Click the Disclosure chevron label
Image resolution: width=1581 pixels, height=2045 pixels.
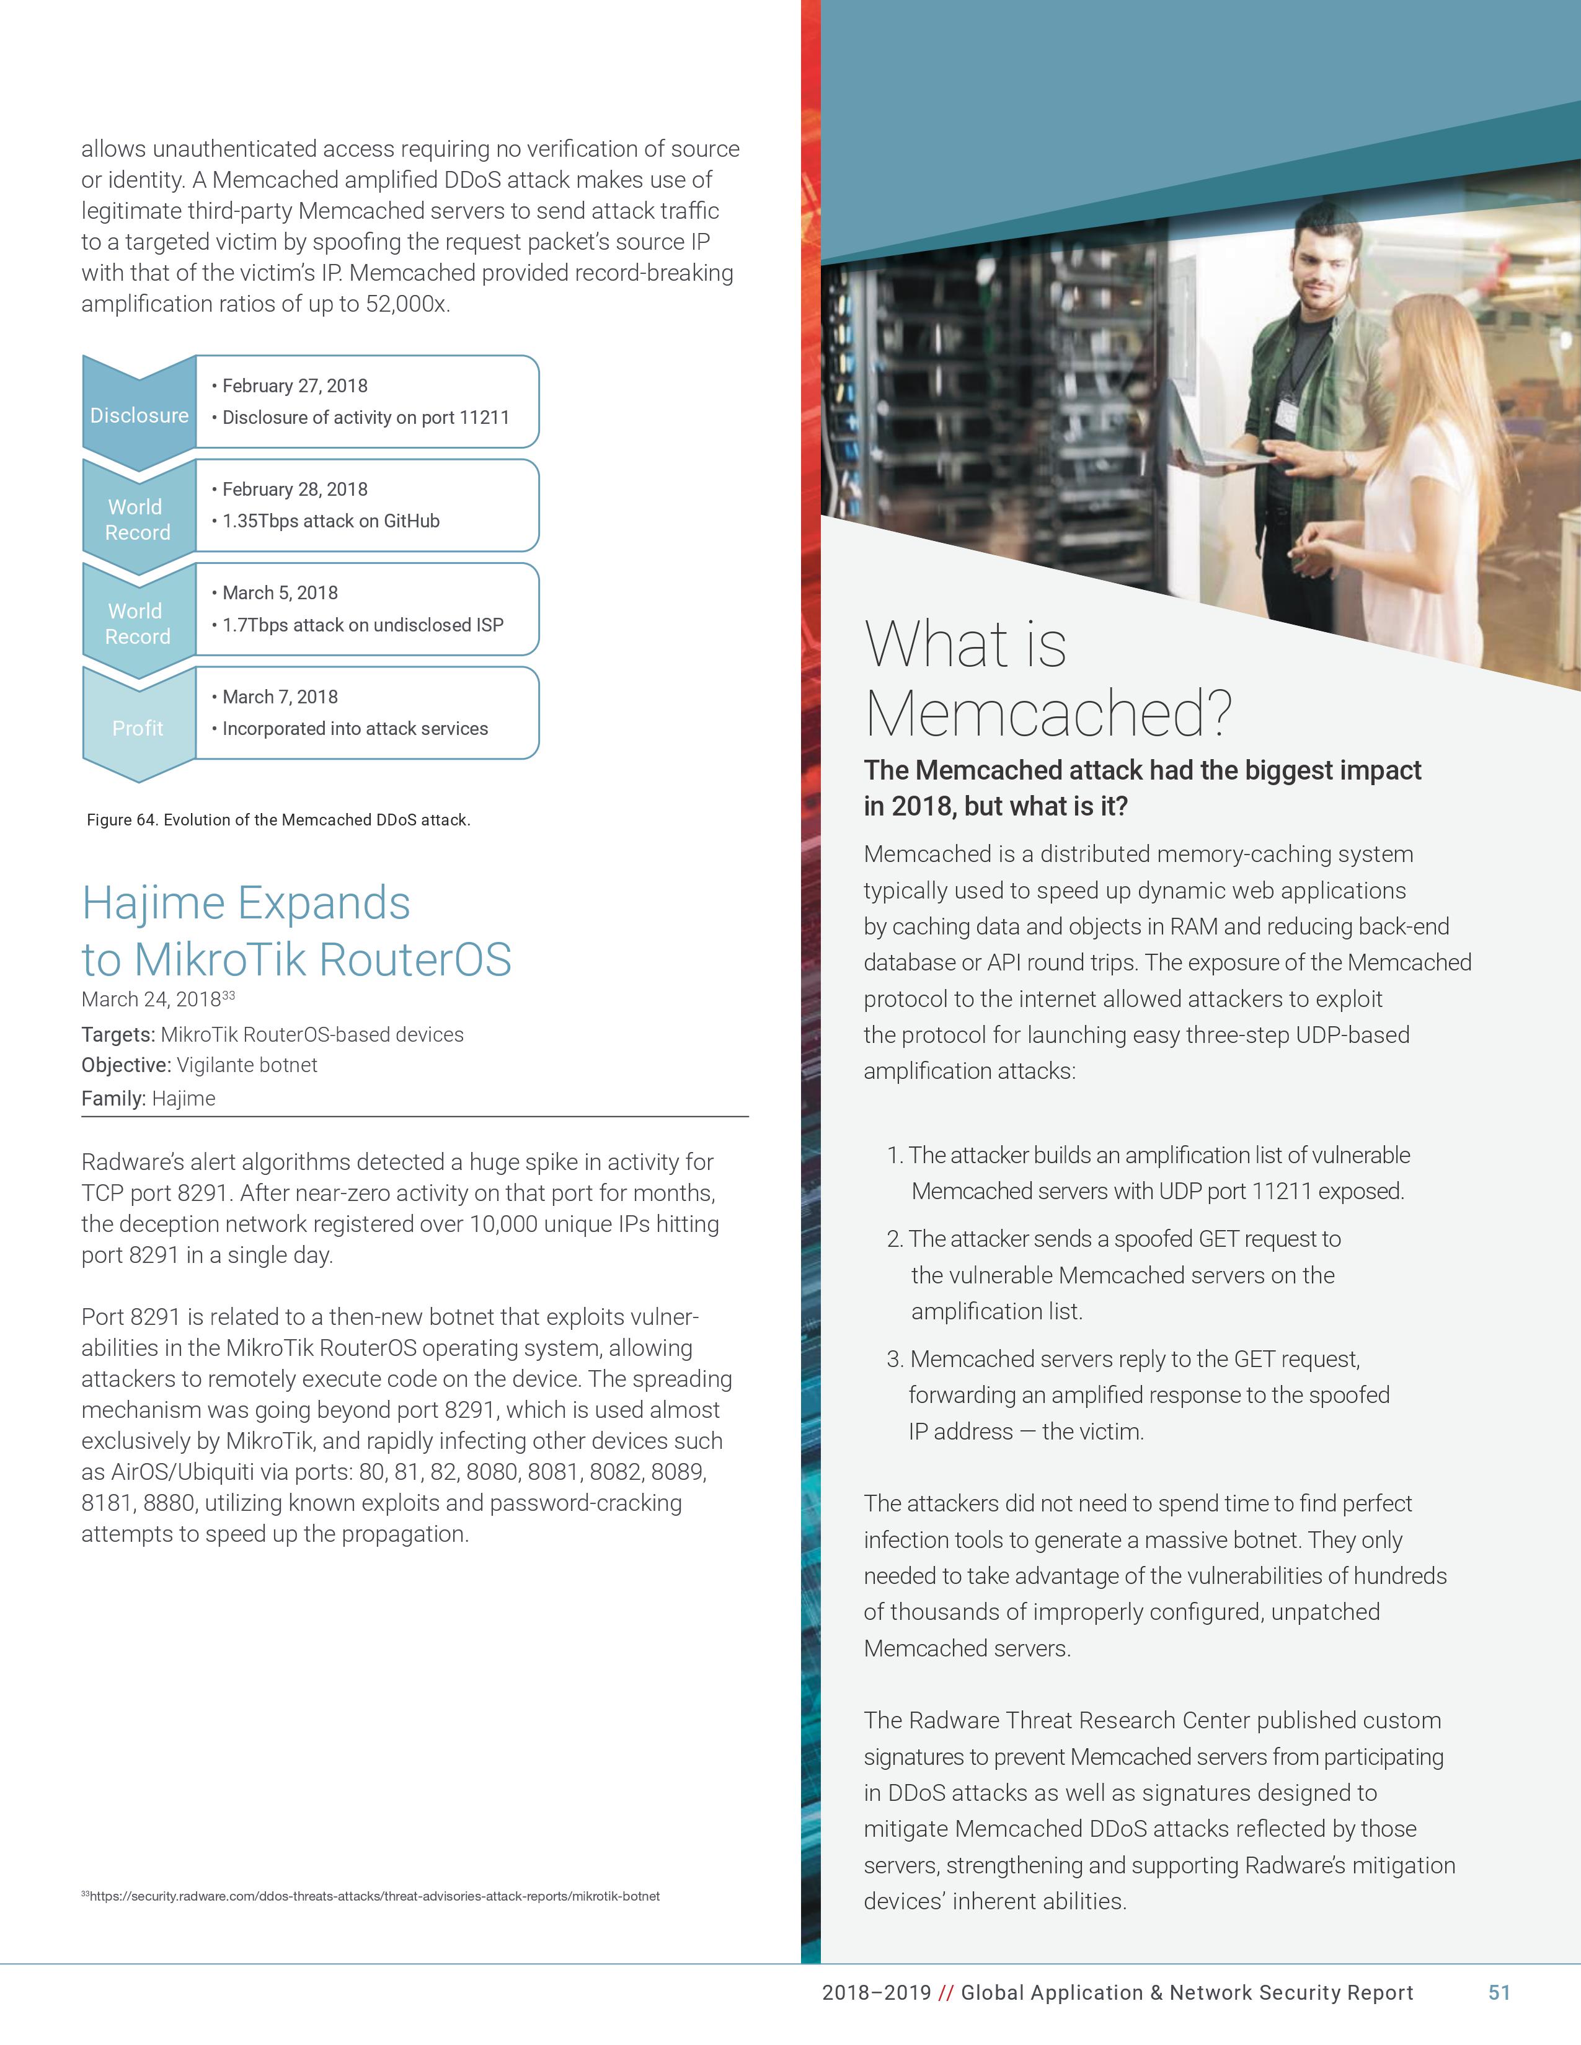click(139, 415)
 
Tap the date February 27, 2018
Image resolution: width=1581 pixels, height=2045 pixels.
click(294, 386)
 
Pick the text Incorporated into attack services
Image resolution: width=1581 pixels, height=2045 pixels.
click(355, 729)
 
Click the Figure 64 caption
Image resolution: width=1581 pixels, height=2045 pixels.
click(278, 820)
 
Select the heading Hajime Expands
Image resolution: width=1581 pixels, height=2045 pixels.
click(246, 904)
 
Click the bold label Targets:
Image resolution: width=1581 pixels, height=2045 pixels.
click(118, 1035)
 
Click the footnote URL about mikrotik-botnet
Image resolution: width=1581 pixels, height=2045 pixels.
click(374, 1896)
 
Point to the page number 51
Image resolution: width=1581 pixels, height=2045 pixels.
click(1499, 1992)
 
